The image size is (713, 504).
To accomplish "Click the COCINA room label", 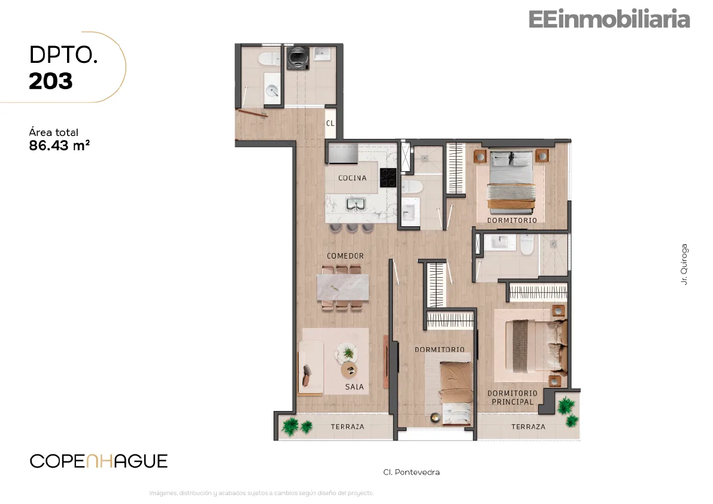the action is [352, 178].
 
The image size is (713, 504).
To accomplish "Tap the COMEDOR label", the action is [345, 256].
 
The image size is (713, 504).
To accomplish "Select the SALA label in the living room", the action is [354, 387].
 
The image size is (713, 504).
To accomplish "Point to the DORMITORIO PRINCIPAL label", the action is [512, 397].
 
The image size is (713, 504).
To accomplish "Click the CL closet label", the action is [330, 123].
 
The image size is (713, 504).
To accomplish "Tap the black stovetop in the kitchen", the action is [388, 178].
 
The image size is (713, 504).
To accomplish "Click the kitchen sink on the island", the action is [356, 205].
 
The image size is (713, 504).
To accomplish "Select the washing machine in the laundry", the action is [298, 59].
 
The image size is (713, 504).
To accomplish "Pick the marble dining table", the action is [343, 287].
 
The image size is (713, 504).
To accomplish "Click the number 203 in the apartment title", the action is [50, 81].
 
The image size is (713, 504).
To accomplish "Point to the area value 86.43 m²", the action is [59, 145].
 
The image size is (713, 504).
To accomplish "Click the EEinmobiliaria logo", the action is [609, 19].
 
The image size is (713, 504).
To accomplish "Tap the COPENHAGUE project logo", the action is [99, 461].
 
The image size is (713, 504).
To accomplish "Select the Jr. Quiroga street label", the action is [684, 265].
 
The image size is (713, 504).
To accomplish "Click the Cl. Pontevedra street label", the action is [411, 472].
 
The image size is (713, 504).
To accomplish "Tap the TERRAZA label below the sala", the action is [347, 427].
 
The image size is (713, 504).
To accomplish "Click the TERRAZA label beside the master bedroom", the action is [528, 427].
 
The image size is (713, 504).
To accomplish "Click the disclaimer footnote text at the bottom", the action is [262, 493].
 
